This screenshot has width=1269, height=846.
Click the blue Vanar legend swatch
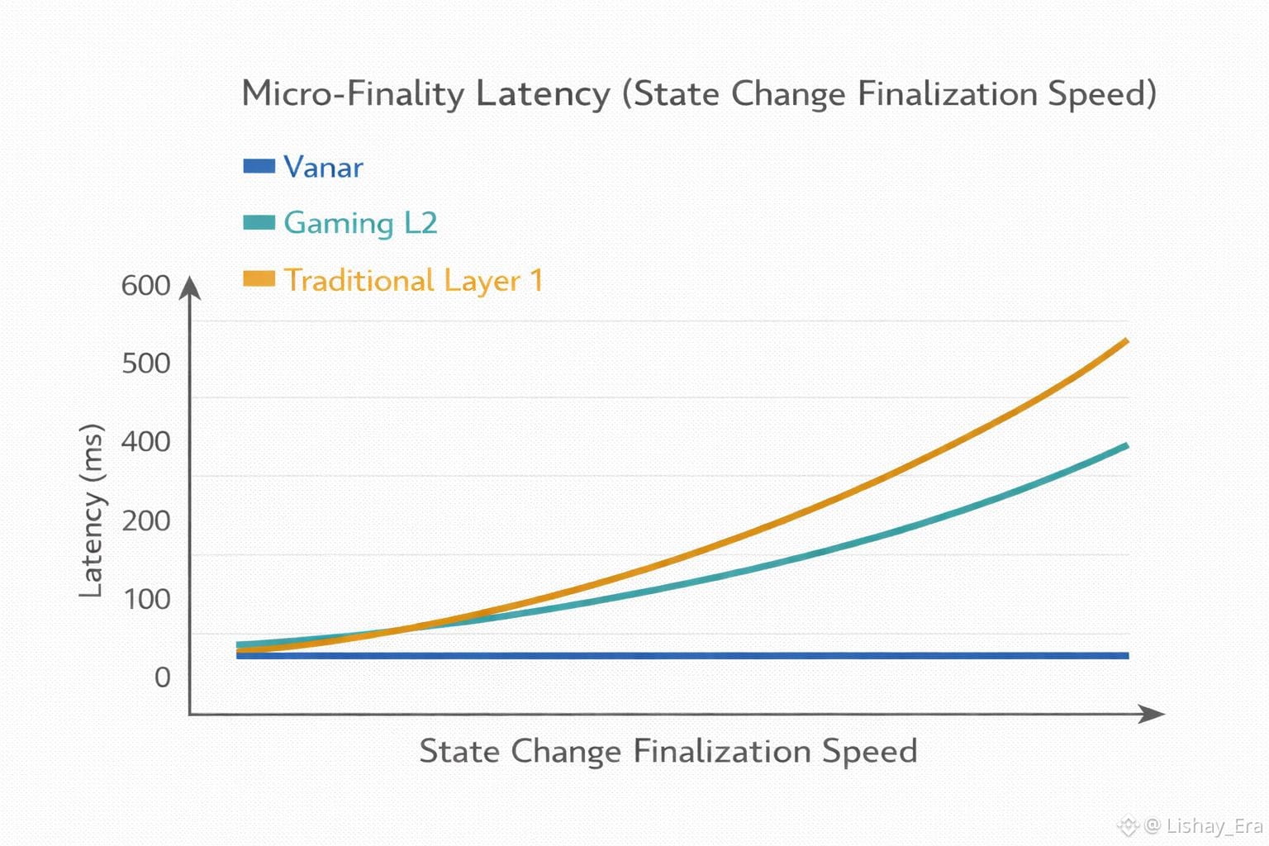point(259,166)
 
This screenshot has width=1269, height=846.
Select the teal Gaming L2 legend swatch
point(259,222)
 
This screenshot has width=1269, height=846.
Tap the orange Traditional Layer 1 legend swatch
point(259,279)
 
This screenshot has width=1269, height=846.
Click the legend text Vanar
point(323,167)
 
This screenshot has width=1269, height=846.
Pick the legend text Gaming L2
point(360,223)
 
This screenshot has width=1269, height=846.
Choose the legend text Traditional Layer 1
point(413,280)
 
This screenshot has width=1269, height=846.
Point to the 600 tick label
point(145,286)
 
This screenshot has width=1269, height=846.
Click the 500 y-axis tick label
point(145,364)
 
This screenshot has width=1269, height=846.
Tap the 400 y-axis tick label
point(145,442)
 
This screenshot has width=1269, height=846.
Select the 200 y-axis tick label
point(145,520)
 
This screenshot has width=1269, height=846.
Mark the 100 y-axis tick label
point(146,599)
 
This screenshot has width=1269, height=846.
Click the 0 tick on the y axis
point(162,677)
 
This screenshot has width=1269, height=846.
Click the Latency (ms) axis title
point(92,511)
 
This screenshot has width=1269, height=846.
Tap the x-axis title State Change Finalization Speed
point(668,751)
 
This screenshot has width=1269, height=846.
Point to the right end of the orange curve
point(1125,341)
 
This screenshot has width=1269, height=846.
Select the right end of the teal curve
point(1125,447)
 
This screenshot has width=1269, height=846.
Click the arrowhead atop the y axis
point(190,287)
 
